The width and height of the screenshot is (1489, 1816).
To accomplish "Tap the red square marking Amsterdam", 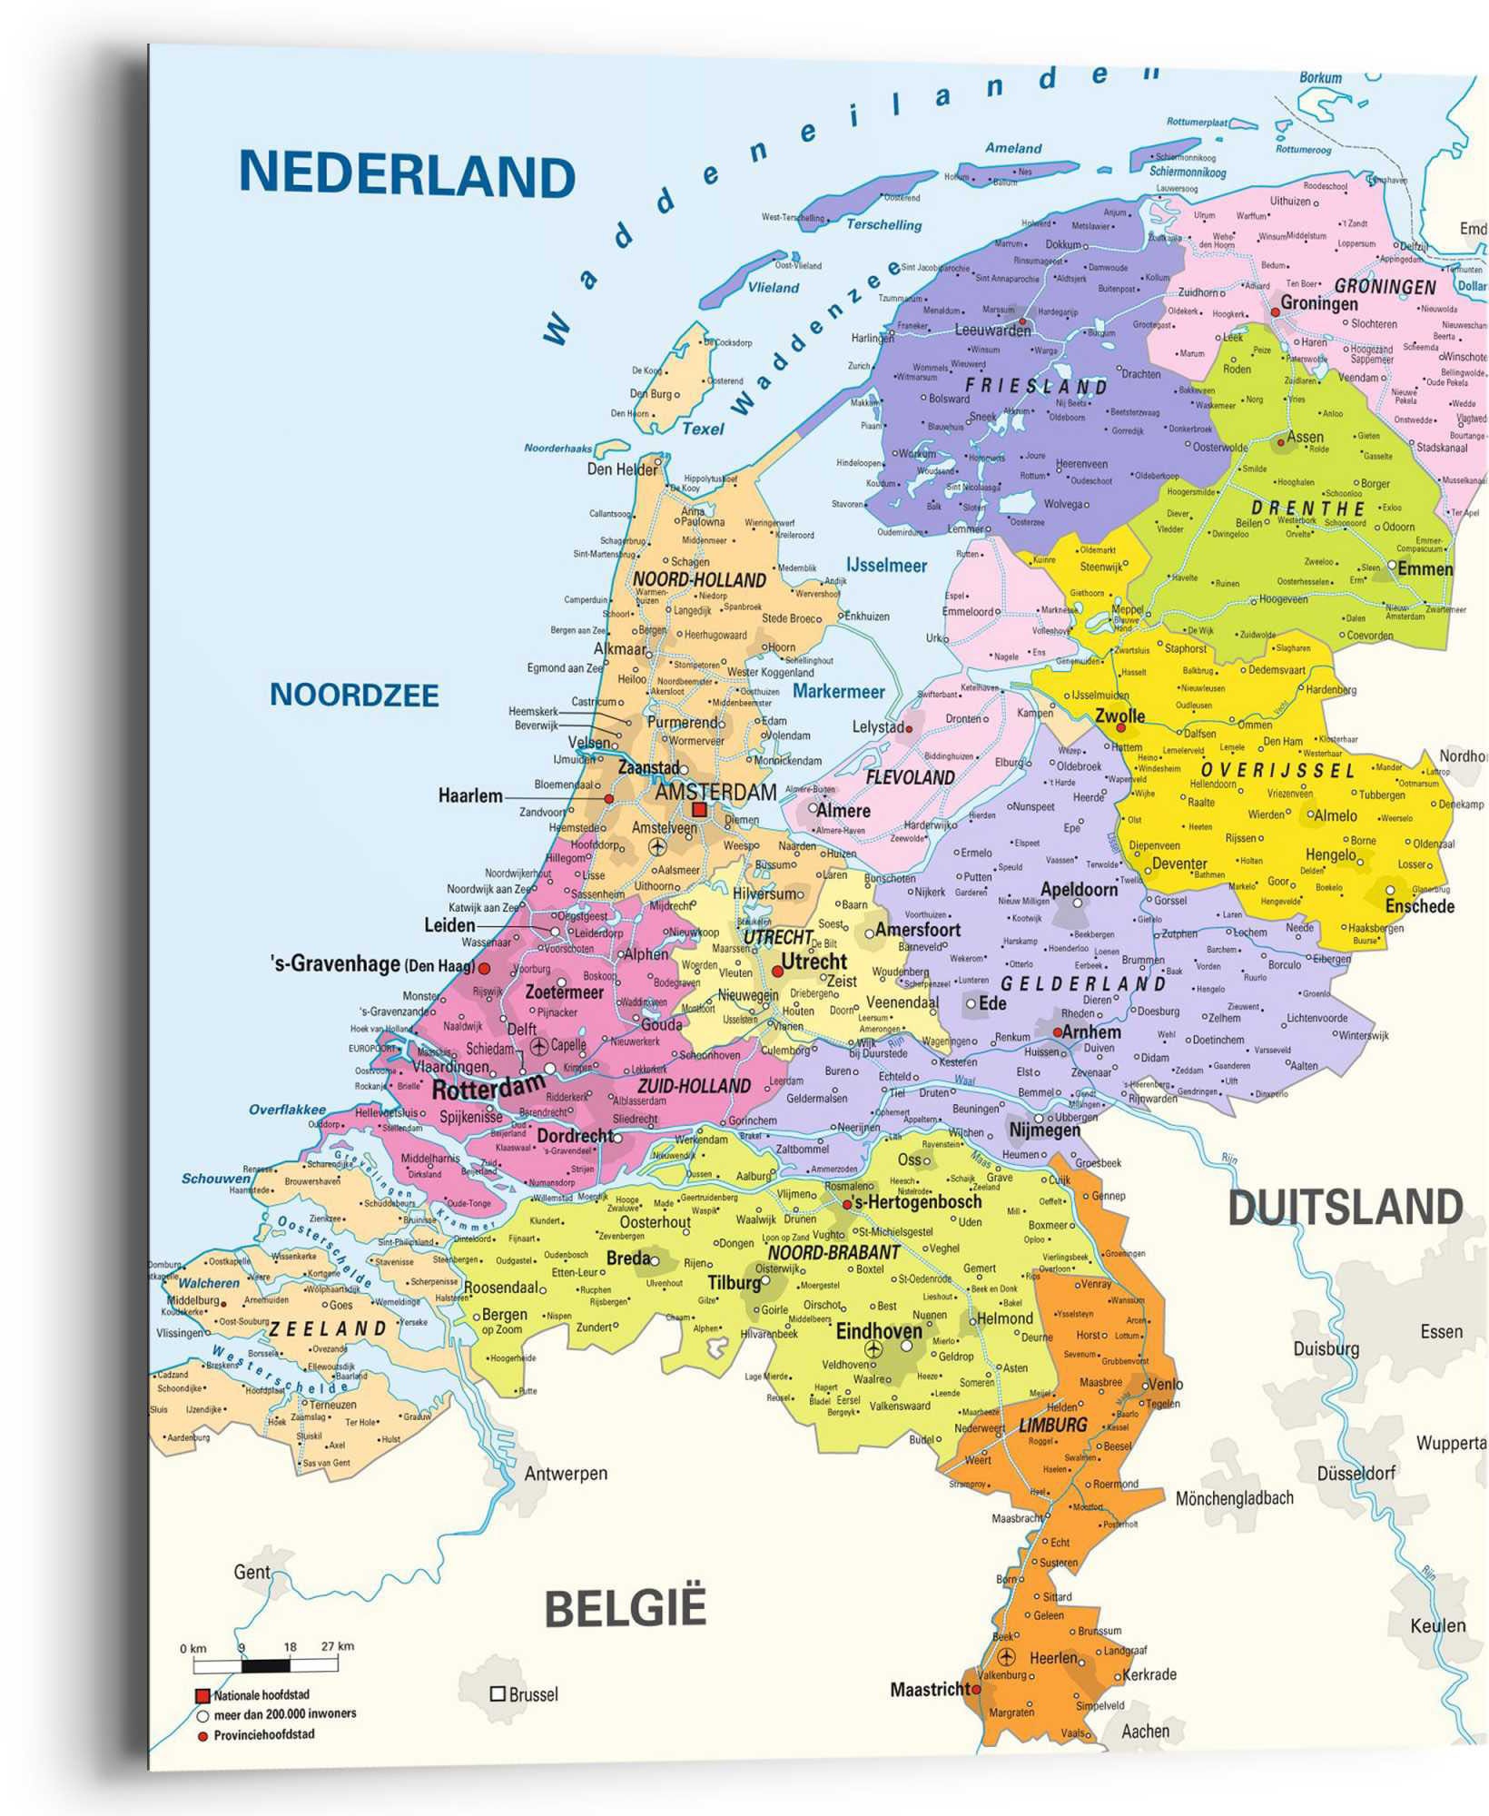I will (699, 809).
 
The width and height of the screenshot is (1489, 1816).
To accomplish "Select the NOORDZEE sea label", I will (354, 696).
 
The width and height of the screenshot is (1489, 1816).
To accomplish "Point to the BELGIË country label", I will (625, 1609).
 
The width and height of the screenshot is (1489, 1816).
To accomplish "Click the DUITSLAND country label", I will (1345, 1209).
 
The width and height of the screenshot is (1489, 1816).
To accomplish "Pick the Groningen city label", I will (1318, 303).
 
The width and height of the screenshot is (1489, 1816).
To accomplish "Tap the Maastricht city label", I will (929, 1690).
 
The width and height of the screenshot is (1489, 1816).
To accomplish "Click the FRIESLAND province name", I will (1036, 386).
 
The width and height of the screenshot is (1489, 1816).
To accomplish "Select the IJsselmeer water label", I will (886, 566).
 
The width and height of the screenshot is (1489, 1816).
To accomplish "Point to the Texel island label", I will (703, 429).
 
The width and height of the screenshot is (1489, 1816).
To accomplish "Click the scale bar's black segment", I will (265, 1665).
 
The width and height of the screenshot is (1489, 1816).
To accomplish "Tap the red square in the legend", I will (203, 1695).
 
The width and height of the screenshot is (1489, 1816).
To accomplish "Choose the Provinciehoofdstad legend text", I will (264, 1734).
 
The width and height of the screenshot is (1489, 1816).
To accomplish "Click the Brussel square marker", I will (498, 1693).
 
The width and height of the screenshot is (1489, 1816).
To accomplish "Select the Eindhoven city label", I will (878, 1331).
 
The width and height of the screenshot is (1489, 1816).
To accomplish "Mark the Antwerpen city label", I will (566, 1473).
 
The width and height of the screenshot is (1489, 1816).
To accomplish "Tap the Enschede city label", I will (1419, 906).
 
